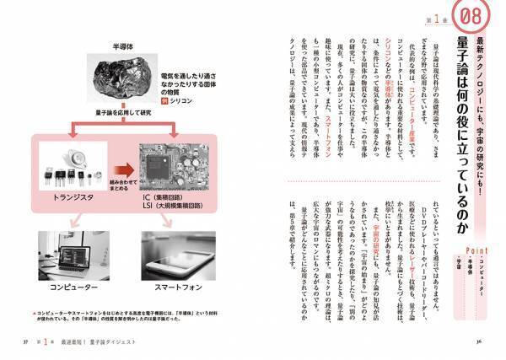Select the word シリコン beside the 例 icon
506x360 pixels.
pos(188,99)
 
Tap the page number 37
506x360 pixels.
pos(25,341)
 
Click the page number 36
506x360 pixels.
pos(478,341)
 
